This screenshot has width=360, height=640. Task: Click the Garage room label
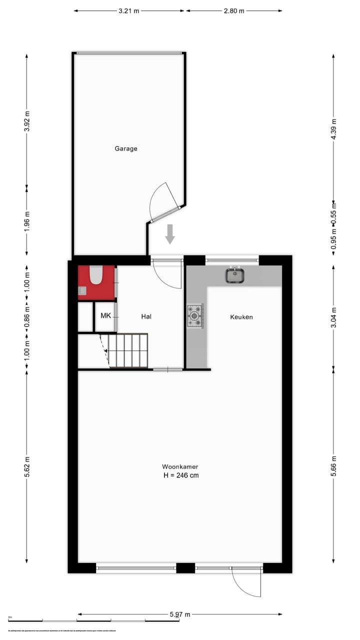click(x=126, y=148)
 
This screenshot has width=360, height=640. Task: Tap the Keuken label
click(x=241, y=317)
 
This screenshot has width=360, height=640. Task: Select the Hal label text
click(x=146, y=316)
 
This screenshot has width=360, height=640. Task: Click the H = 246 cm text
click(x=181, y=475)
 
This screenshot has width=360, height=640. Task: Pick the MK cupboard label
click(x=105, y=315)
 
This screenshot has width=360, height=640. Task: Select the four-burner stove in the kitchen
click(x=195, y=316)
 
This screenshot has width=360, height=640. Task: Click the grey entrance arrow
click(x=170, y=234)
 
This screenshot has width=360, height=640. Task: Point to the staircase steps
click(x=128, y=350)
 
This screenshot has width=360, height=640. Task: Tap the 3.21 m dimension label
click(x=129, y=10)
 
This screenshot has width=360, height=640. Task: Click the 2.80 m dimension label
click(x=234, y=10)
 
